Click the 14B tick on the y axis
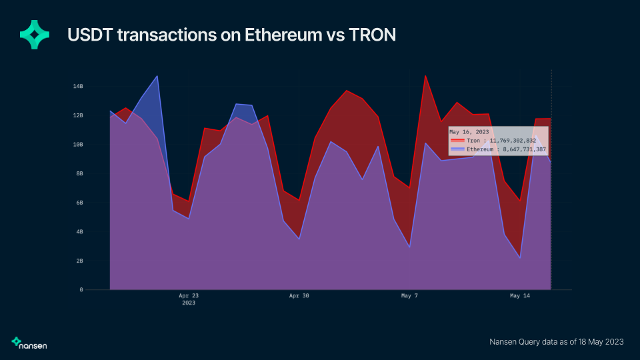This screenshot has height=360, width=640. (78, 86)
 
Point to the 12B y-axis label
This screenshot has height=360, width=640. (78, 115)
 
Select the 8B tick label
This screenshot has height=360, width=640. (78, 173)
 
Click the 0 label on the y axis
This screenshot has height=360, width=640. (81, 290)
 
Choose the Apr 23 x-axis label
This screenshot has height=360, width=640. (189, 295)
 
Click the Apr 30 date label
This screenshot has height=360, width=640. (299, 295)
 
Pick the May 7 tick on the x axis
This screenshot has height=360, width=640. (409, 295)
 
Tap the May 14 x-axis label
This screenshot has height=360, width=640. (519, 295)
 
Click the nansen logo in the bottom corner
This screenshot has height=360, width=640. (29, 343)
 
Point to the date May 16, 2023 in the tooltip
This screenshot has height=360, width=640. (469, 132)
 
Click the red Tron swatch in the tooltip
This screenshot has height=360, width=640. (457, 141)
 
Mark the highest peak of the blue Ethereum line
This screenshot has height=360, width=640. (157, 76)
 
